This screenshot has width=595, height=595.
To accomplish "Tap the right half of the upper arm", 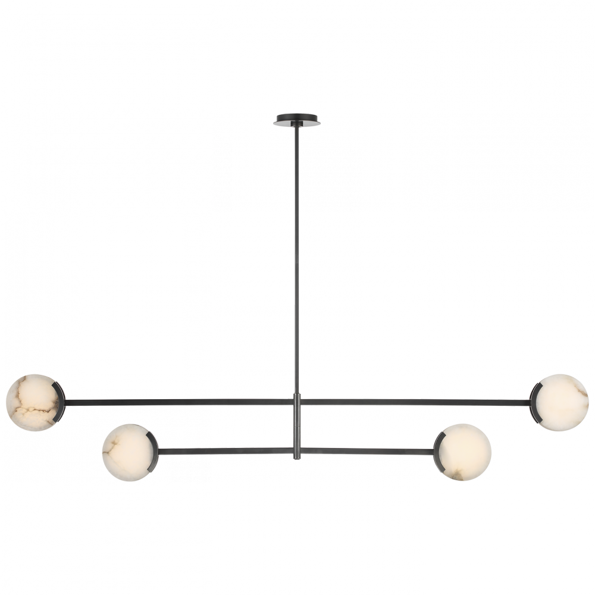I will [x=416, y=402].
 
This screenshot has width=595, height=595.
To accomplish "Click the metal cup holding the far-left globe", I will [x=59, y=402].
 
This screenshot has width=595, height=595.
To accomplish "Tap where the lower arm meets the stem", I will [x=297, y=451].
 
